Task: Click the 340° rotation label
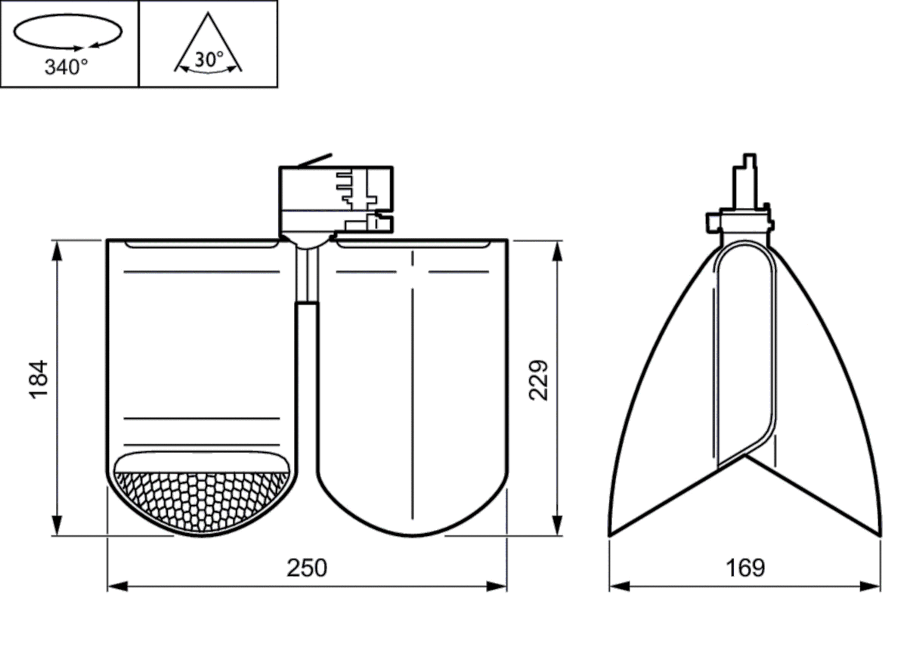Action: (67, 68)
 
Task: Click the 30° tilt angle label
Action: (208, 60)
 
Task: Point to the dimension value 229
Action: (538, 380)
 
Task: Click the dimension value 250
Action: (307, 568)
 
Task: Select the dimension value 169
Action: (745, 568)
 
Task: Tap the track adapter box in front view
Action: (336, 198)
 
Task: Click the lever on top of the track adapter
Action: (314, 160)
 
